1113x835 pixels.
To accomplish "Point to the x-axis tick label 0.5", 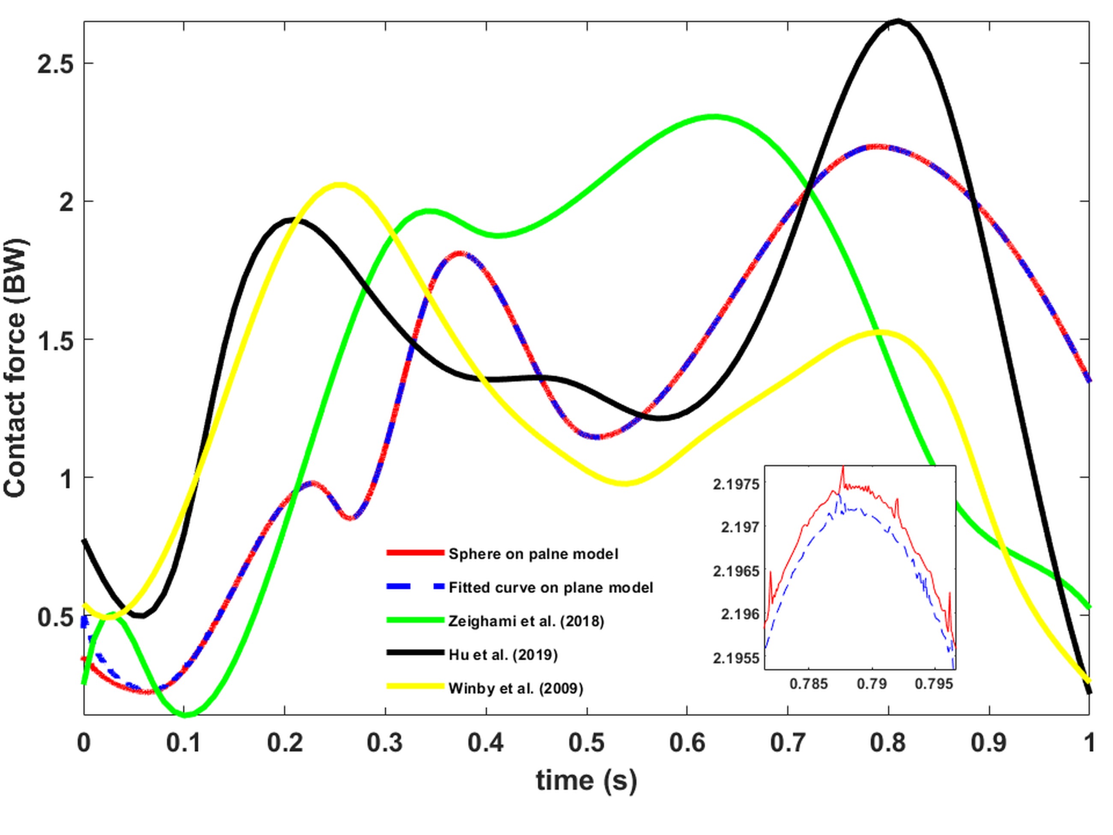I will point(587,743).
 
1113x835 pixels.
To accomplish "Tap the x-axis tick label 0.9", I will point(989,743).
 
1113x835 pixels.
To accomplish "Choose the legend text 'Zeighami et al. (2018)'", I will point(526,621).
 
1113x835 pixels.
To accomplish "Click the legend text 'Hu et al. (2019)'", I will point(503,655).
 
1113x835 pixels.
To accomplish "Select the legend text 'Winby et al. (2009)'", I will point(516,688).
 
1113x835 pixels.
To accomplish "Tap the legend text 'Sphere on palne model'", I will point(533,554).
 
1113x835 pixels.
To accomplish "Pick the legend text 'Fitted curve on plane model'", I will point(551,587).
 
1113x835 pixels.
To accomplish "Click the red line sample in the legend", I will point(415,553).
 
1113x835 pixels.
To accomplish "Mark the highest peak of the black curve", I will point(899,21).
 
